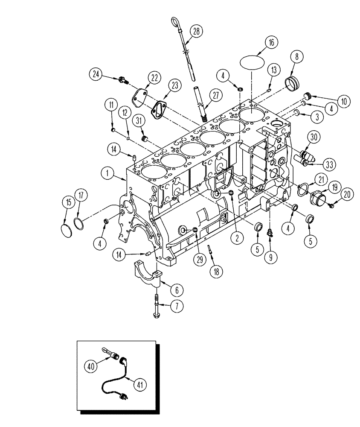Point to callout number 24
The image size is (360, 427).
[x=97, y=74]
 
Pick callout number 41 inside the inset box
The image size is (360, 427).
[x=140, y=384]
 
